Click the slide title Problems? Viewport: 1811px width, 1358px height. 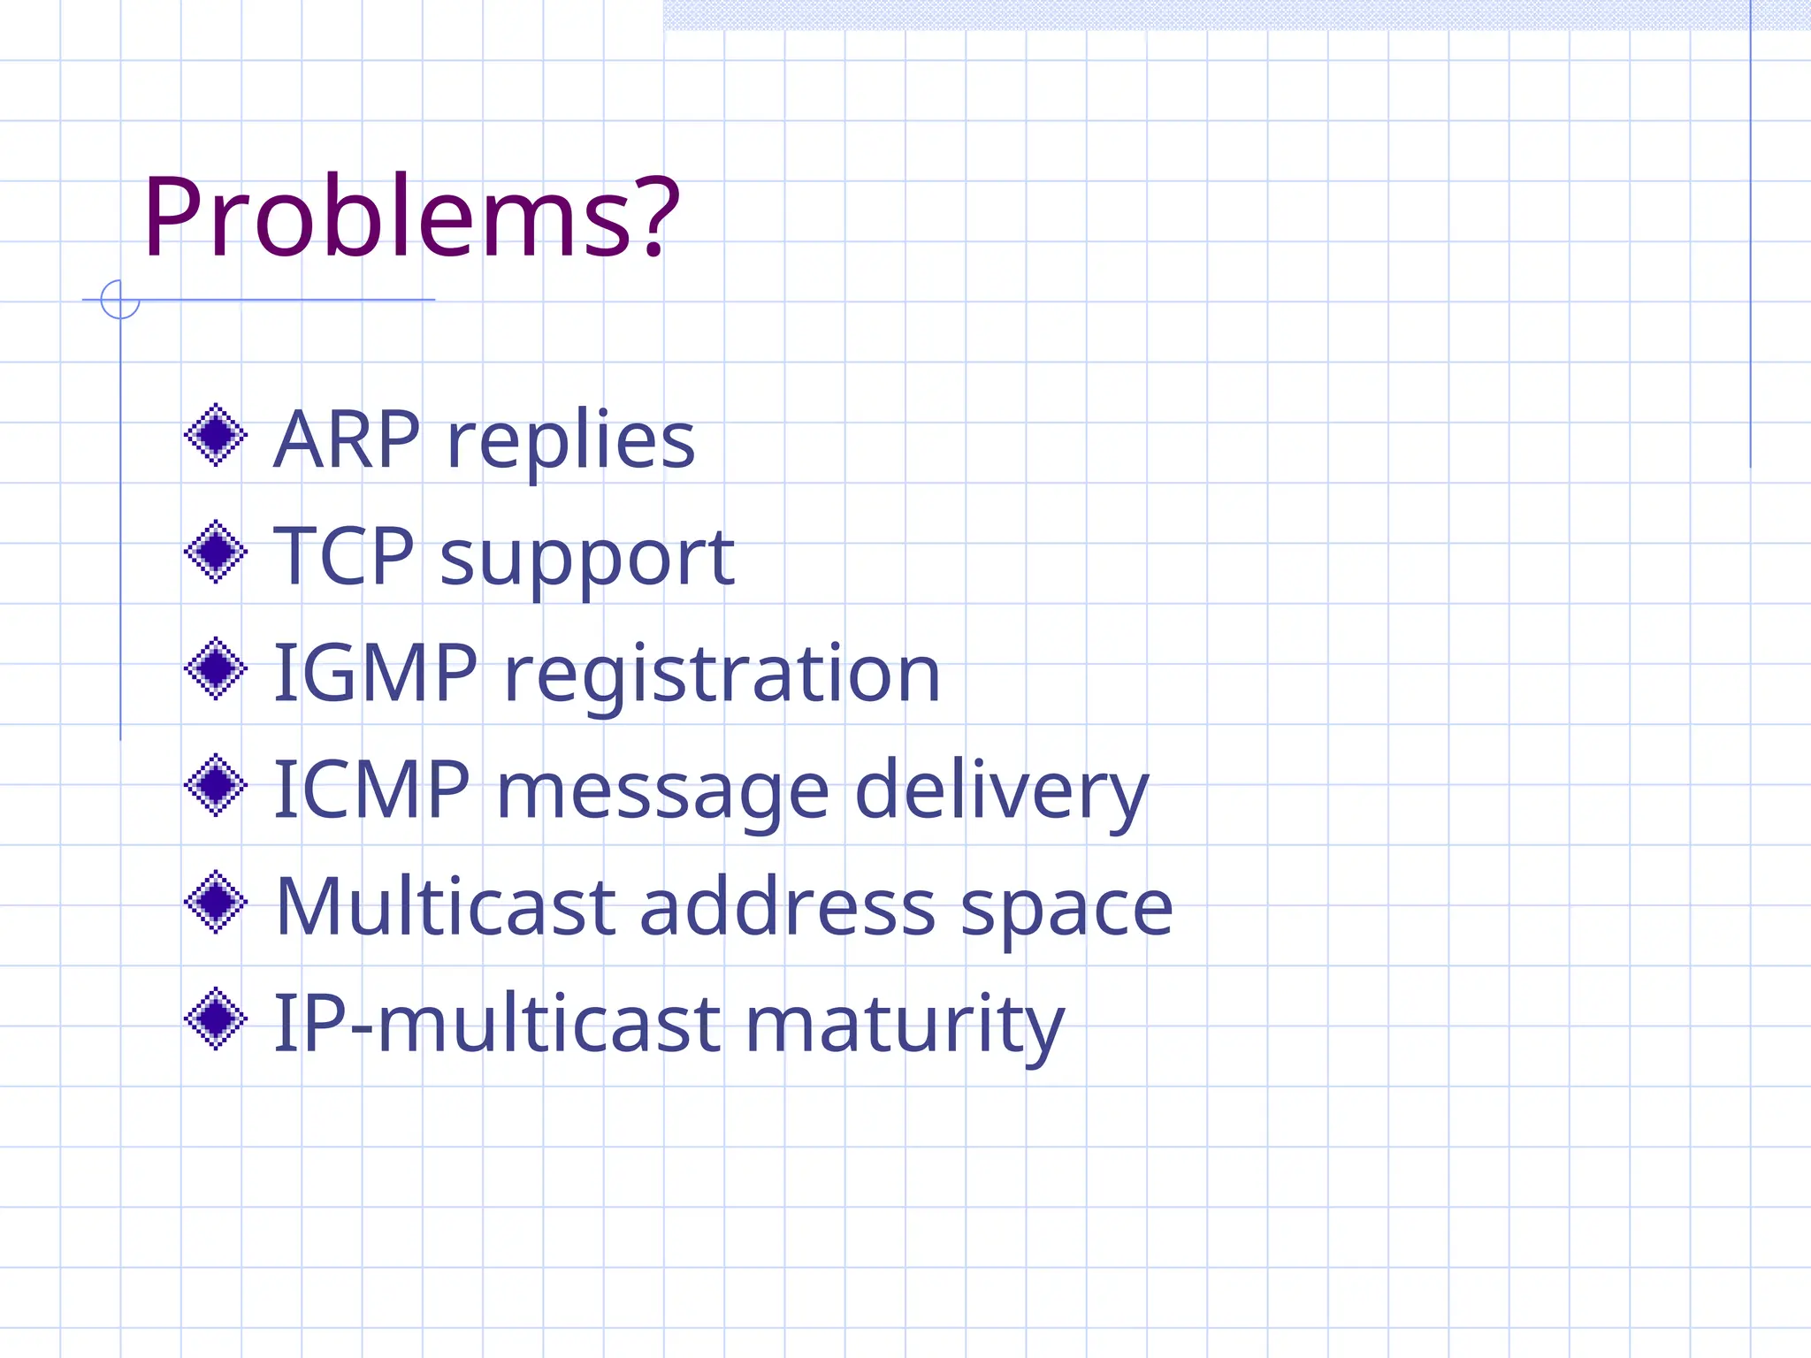pos(411,217)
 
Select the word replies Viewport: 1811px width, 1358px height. pos(571,442)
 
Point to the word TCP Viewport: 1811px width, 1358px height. pos(343,556)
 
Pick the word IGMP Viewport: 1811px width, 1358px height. pos(376,673)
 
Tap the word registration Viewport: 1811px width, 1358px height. pos(722,676)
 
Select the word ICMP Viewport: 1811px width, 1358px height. pos(371,790)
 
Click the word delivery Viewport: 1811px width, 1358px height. pos(1001,791)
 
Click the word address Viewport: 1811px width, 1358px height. pos(787,907)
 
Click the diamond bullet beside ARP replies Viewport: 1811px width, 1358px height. pos(216,435)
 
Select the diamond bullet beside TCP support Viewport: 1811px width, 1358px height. pos(216,552)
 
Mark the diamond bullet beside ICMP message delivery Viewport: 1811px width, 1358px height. pos(216,785)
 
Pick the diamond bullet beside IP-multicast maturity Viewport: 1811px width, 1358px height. pos(216,1018)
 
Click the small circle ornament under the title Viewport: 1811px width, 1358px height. pos(120,300)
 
